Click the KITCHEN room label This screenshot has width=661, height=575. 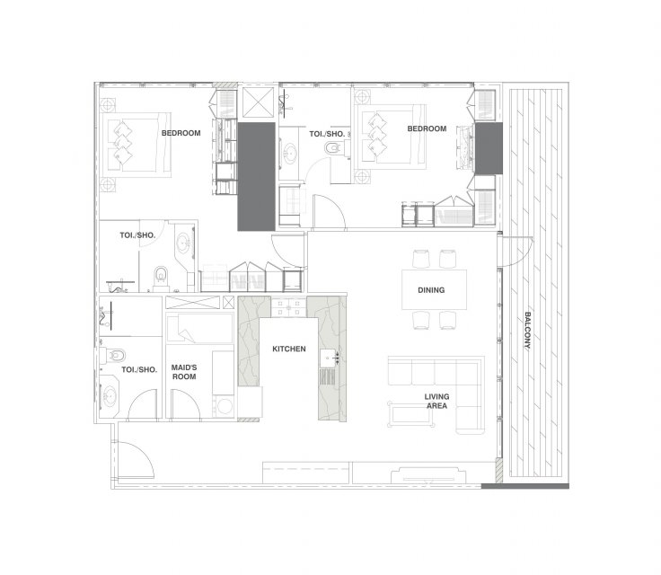coord(289,349)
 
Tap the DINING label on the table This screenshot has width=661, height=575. coord(431,290)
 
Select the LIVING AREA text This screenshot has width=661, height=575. coord(436,402)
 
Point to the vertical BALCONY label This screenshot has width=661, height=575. coord(527,331)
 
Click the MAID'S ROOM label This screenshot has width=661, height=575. coord(184,372)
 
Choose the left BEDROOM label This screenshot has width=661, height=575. coord(181,133)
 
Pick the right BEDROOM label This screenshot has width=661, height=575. coord(427,128)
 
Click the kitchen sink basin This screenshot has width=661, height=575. coord(328,358)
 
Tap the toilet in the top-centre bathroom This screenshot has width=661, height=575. coord(333,147)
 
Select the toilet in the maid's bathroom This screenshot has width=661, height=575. coord(115,355)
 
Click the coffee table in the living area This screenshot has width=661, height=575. coord(411,414)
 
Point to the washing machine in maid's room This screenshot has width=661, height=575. coord(225,406)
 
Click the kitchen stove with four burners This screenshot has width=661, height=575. coord(288,307)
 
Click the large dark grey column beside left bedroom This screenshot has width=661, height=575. coord(256,176)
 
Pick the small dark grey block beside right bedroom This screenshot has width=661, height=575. coord(489,148)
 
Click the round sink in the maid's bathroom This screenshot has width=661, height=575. coord(110,395)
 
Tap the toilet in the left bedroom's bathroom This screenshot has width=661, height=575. coord(161,276)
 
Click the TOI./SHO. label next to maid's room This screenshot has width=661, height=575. coord(139,370)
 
